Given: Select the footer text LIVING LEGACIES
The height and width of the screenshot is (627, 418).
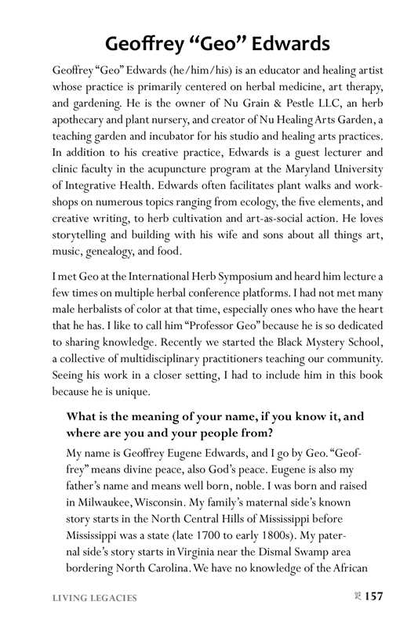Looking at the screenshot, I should coord(95,598).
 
